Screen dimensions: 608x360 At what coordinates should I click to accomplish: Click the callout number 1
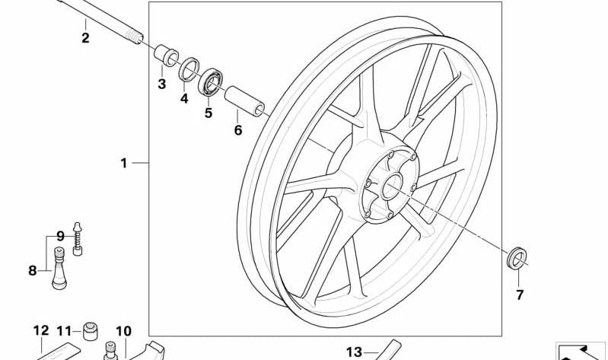click(x=124, y=164)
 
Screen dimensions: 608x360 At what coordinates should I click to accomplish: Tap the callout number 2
click(x=85, y=38)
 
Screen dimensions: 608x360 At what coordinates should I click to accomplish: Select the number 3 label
click(x=161, y=84)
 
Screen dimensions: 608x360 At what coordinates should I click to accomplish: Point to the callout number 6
click(x=238, y=130)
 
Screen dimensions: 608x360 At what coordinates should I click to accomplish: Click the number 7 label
click(x=520, y=295)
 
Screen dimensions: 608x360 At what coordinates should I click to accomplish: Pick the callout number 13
click(x=354, y=352)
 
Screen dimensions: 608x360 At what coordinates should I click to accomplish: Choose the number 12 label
click(x=41, y=331)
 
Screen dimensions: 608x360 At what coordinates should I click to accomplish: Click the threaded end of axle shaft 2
click(x=134, y=37)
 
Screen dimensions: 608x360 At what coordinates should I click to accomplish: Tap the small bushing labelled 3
click(x=167, y=56)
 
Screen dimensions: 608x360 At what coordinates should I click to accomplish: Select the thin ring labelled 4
click(x=189, y=69)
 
